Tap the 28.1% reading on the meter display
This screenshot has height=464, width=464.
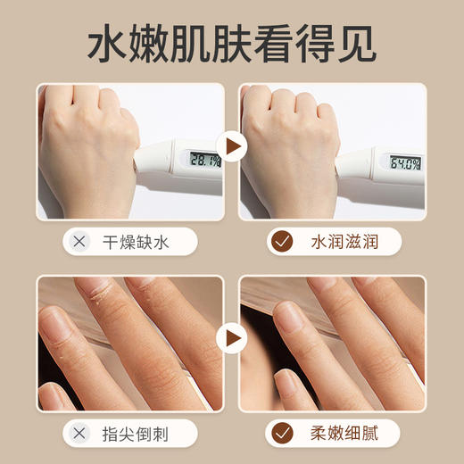[203, 161]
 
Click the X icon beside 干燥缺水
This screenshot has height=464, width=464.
[80, 242]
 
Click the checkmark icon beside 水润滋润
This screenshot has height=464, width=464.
[282, 242]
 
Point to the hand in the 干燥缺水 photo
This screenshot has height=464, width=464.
[89, 143]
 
